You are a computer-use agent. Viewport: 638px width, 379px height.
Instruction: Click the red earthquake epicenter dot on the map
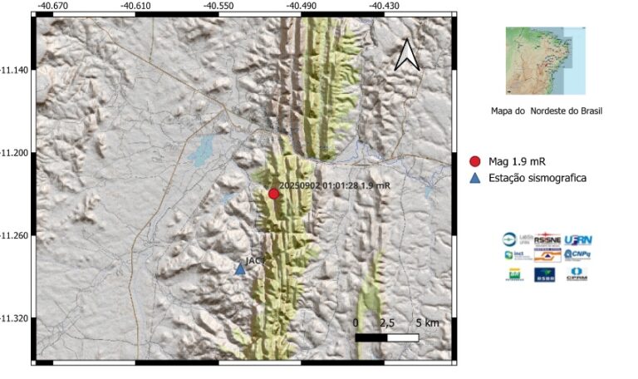pyautogui.click(x=273, y=194)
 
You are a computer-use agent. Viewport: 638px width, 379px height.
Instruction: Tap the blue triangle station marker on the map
pyautogui.click(x=240, y=268)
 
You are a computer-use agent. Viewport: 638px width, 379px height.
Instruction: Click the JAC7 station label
pyautogui.click(x=257, y=260)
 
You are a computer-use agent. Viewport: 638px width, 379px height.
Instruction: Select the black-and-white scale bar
pyautogui.click(x=386, y=337)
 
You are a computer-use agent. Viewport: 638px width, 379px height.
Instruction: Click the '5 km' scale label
pyautogui.click(x=427, y=322)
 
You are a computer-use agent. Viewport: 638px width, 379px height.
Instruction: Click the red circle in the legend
pyautogui.click(x=475, y=161)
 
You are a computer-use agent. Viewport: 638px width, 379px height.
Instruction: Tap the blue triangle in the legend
pyautogui.click(x=475, y=177)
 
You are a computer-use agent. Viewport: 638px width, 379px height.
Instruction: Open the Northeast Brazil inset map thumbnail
pyautogui.click(x=545, y=60)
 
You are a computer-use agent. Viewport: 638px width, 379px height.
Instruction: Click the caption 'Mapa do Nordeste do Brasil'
pyautogui.click(x=547, y=111)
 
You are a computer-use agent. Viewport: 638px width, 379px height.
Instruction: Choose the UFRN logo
pyautogui.click(x=577, y=239)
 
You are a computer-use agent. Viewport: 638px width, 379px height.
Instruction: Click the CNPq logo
pyautogui.click(x=577, y=255)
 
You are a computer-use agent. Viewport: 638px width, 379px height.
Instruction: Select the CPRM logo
pyautogui.click(x=577, y=274)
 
